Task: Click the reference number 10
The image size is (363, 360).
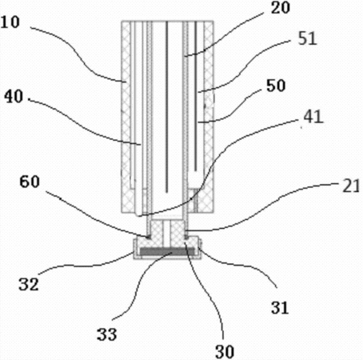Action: (x=10, y=22)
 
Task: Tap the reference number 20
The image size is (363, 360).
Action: (x=280, y=7)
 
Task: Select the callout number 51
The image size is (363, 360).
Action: (x=308, y=38)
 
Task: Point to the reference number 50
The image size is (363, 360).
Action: (x=276, y=86)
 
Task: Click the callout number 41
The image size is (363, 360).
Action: (x=313, y=116)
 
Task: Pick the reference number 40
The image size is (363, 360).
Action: (x=14, y=96)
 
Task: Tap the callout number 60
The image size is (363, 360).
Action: (x=30, y=182)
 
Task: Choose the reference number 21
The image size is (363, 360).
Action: (x=351, y=186)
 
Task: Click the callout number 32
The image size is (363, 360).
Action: (x=29, y=284)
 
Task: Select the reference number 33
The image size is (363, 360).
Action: (x=106, y=334)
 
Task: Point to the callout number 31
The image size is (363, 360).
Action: (x=280, y=307)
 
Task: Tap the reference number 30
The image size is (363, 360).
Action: (x=225, y=352)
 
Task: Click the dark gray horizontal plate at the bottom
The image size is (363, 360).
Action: (x=167, y=251)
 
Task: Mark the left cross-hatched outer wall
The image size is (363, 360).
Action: (x=126, y=117)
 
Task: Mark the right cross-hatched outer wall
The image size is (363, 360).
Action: (x=209, y=117)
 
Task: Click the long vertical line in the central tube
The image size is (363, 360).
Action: (x=167, y=106)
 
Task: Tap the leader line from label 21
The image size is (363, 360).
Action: (x=261, y=208)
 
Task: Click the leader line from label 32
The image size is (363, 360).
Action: (x=86, y=266)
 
